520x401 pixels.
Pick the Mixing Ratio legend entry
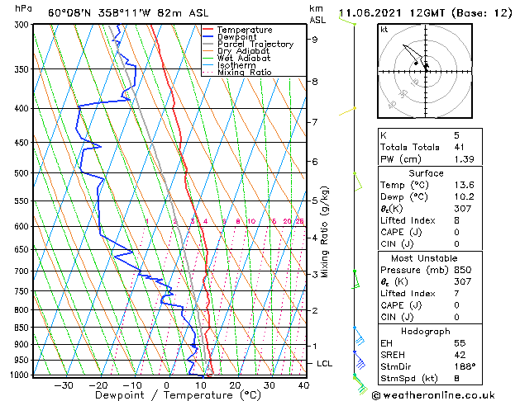245,73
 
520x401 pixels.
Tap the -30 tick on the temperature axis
64,385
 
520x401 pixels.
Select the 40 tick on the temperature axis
303,385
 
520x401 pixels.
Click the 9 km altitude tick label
315,39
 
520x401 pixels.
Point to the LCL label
325,364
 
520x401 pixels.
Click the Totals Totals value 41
460,146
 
